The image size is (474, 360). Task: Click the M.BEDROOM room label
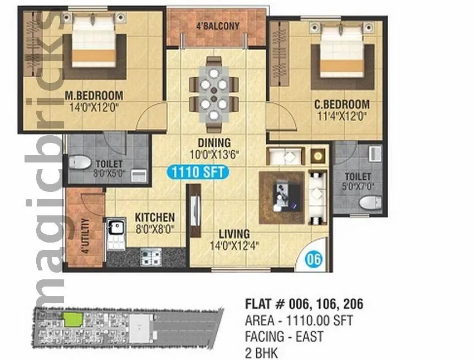[94, 94]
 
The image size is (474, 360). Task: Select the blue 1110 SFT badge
[198, 172]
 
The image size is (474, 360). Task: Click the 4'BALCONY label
[217, 26]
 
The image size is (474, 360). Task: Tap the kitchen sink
[118, 227]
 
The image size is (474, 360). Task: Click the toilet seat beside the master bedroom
[81, 162]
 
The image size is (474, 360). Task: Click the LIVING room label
[234, 234]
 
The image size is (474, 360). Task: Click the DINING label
[214, 142]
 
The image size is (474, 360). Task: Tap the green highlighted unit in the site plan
[71, 319]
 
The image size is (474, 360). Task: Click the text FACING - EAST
[284, 337]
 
